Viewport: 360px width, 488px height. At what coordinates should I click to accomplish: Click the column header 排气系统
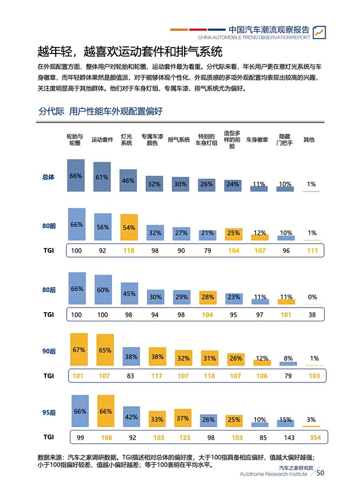[179, 140]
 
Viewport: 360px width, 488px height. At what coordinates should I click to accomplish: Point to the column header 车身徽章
[257, 140]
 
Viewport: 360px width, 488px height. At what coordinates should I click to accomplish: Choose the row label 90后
[49, 352]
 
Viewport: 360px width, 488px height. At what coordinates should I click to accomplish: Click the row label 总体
[49, 178]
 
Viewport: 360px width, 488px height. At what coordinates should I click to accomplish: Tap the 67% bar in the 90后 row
[78, 350]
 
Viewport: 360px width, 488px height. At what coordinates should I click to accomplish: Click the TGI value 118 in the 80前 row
[129, 251]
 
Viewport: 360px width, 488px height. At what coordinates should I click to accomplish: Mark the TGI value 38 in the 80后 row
[312, 314]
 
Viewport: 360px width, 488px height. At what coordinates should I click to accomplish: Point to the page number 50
[320, 473]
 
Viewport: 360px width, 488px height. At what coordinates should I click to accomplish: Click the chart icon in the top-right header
[319, 32]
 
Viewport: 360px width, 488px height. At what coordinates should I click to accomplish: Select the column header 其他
[309, 140]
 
